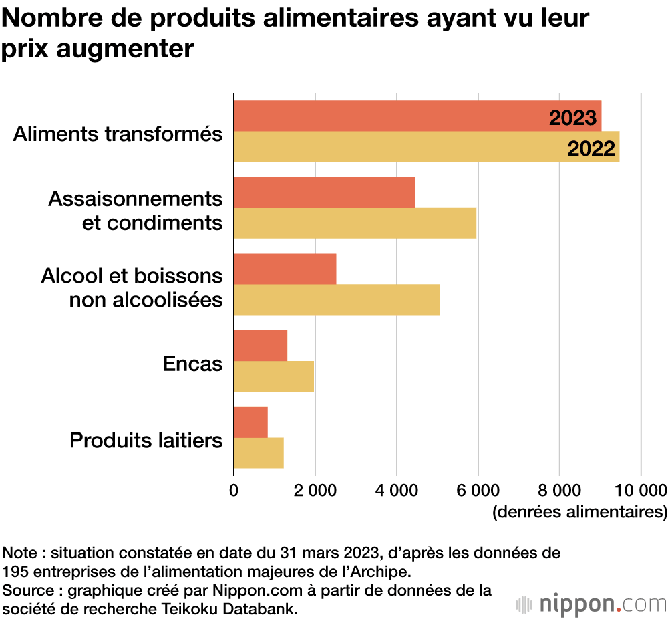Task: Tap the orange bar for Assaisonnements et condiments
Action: pyautogui.click(x=325, y=193)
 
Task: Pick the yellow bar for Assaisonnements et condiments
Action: pyautogui.click(x=355, y=223)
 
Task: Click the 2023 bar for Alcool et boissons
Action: pyautogui.click(x=285, y=269)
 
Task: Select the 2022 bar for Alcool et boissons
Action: pyautogui.click(x=337, y=299)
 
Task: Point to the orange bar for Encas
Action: pyautogui.click(x=261, y=346)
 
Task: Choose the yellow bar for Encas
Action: pyautogui.click(x=274, y=376)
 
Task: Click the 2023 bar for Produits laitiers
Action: pyautogui.click(x=251, y=422)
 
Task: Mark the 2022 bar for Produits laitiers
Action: pyautogui.click(x=259, y=453)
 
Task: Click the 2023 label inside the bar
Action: pyautogui.click(x=572, y=118)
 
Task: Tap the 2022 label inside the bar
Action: pyautogui.click(x=591, y=148)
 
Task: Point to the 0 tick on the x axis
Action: pyautogui.click(x=234, y=490)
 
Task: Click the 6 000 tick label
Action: pyautogui.click(x=478, y=490)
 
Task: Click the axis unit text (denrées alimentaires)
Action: pyautogui.click(x=579, y=513)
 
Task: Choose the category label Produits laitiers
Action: pyautogui.click(x=146, y=441)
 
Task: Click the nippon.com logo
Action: pyautogui.click(x=591, y=604)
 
